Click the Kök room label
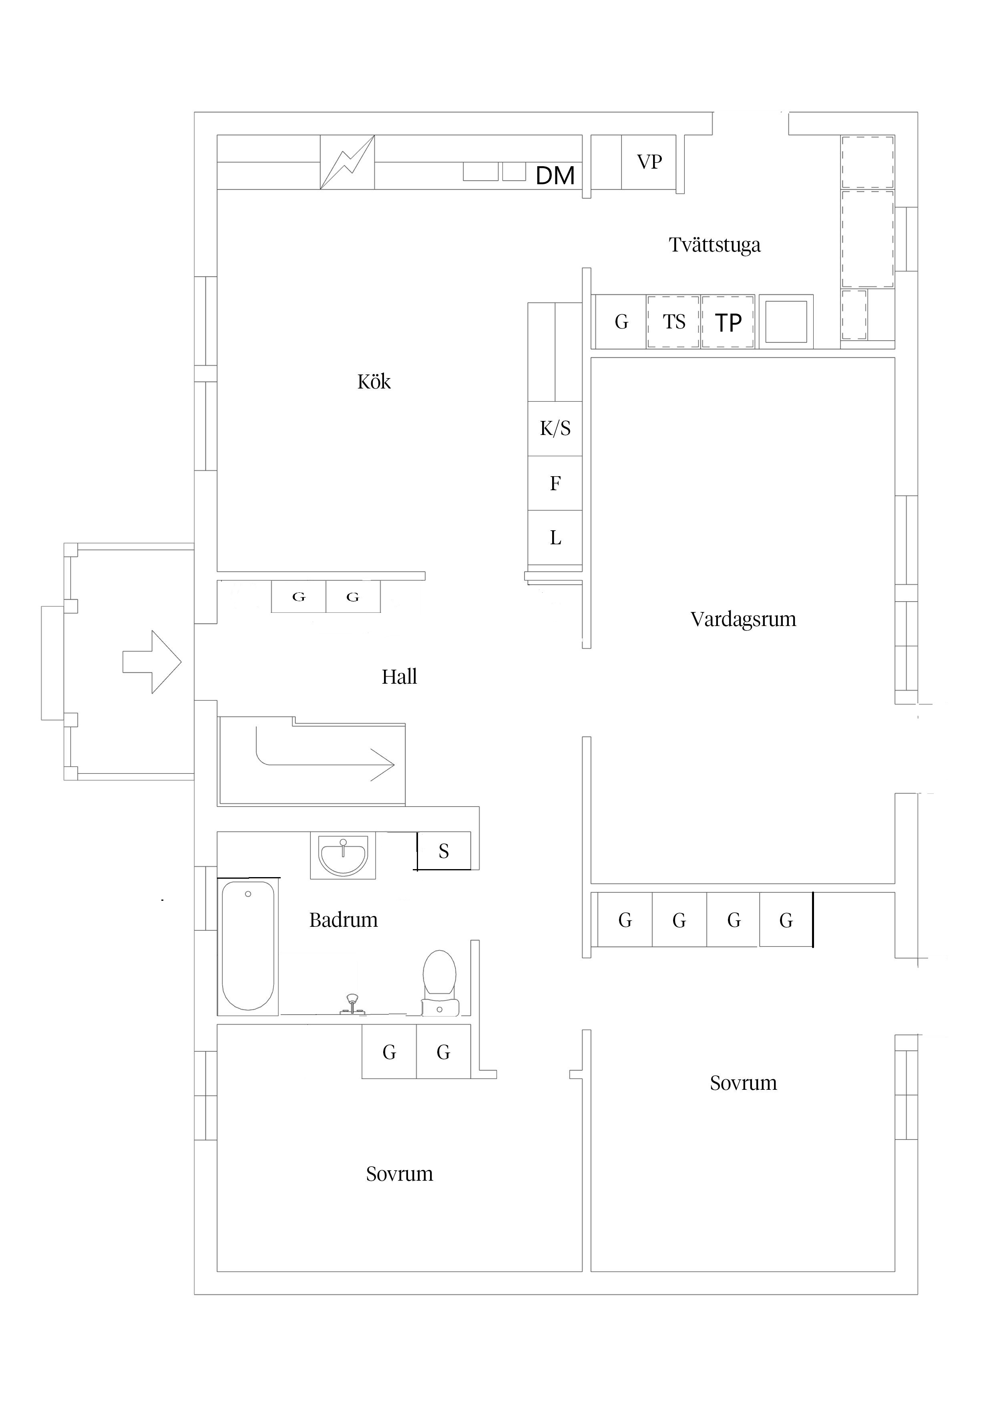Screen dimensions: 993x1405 374,382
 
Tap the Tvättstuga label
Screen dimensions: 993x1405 715,245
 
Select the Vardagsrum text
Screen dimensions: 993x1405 744,619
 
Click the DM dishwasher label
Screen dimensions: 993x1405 555,175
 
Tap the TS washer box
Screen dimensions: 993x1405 673,322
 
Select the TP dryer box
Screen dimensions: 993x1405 728,322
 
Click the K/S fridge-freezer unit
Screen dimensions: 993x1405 555,429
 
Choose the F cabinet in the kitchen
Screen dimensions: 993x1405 555,483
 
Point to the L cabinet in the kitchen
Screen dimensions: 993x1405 555,538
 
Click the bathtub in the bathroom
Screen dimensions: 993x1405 248,946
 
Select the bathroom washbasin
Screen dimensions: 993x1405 343,856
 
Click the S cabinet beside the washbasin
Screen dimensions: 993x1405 444,851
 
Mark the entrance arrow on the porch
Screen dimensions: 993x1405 152,662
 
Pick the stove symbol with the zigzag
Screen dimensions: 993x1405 348,162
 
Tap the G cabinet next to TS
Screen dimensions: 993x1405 621,322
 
